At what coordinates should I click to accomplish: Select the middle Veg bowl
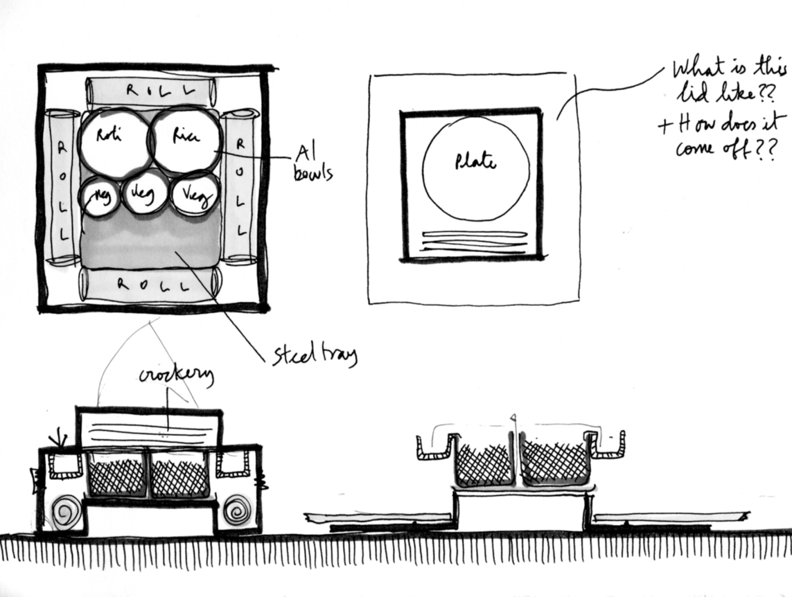point(145,192)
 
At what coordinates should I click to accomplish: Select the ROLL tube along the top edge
point(150,90)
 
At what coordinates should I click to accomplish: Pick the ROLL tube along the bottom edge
point(150,285)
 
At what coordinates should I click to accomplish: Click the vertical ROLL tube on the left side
point(62,187)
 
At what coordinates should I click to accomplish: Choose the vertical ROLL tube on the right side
point(240,187)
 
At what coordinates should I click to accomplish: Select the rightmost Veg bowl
point(195,195)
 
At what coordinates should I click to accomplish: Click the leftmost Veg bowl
point(98,197)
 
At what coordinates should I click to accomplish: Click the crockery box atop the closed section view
point(149,428)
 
